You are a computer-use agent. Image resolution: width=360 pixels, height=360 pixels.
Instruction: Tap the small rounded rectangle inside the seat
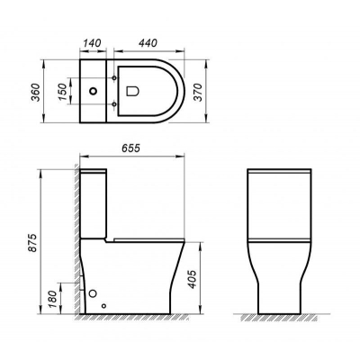point(133,90)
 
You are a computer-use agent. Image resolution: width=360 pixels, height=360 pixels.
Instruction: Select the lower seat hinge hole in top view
point(114,102)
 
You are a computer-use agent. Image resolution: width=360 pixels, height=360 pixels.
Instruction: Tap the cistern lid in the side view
point(94,171)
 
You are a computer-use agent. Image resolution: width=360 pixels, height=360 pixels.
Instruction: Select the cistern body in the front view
point(280,202)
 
